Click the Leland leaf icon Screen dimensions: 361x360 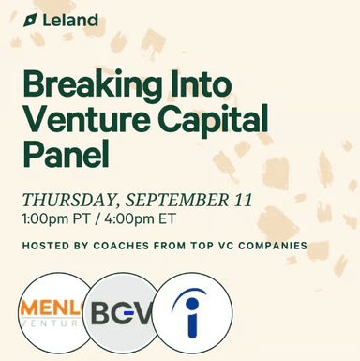31,19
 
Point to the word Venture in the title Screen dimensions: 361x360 87,119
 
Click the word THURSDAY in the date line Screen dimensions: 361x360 73,199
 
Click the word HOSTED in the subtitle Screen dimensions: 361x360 45,246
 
